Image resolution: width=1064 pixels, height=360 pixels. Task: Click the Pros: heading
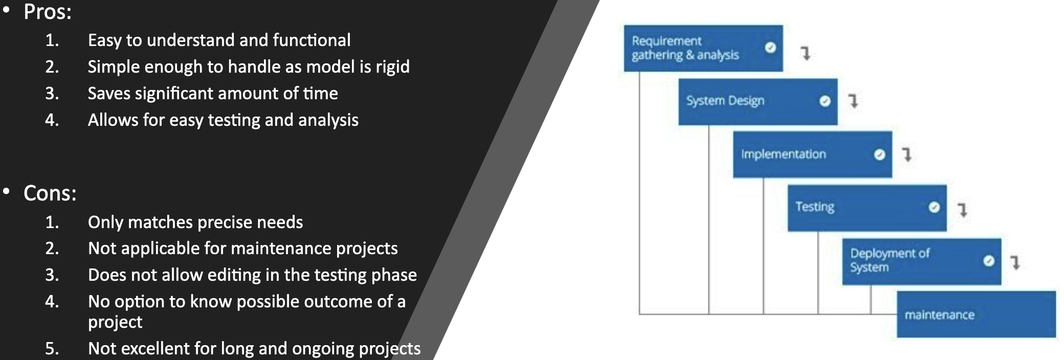(48, 12)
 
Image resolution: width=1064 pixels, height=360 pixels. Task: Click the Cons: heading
(50, 193)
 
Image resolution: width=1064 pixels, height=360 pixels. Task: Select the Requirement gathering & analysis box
(703, 48)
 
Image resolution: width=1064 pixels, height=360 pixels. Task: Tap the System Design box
(758, 102)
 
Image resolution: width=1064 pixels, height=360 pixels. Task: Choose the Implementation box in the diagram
(812, 154)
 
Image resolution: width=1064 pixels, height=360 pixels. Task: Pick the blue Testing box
(867, 208)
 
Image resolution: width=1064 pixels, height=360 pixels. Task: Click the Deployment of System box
(921, 261)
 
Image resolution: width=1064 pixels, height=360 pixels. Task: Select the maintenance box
(976, 314)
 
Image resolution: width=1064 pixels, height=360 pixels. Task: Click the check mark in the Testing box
(934, 207)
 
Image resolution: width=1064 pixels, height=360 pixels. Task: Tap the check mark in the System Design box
(825, 101)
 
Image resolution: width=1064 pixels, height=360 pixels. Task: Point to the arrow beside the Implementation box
(907, 154)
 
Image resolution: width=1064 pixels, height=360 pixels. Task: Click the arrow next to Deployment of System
(1016, 262)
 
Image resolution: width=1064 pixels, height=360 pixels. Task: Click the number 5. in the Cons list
(52, 349)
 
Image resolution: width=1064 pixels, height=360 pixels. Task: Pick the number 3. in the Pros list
(52, 94)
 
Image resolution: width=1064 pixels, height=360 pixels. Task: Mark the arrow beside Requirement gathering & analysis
(806, 53)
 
